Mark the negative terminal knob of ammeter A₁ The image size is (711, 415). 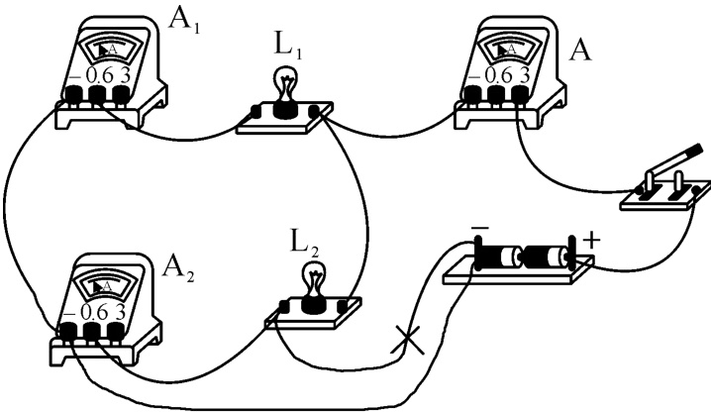pos(74,96)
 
